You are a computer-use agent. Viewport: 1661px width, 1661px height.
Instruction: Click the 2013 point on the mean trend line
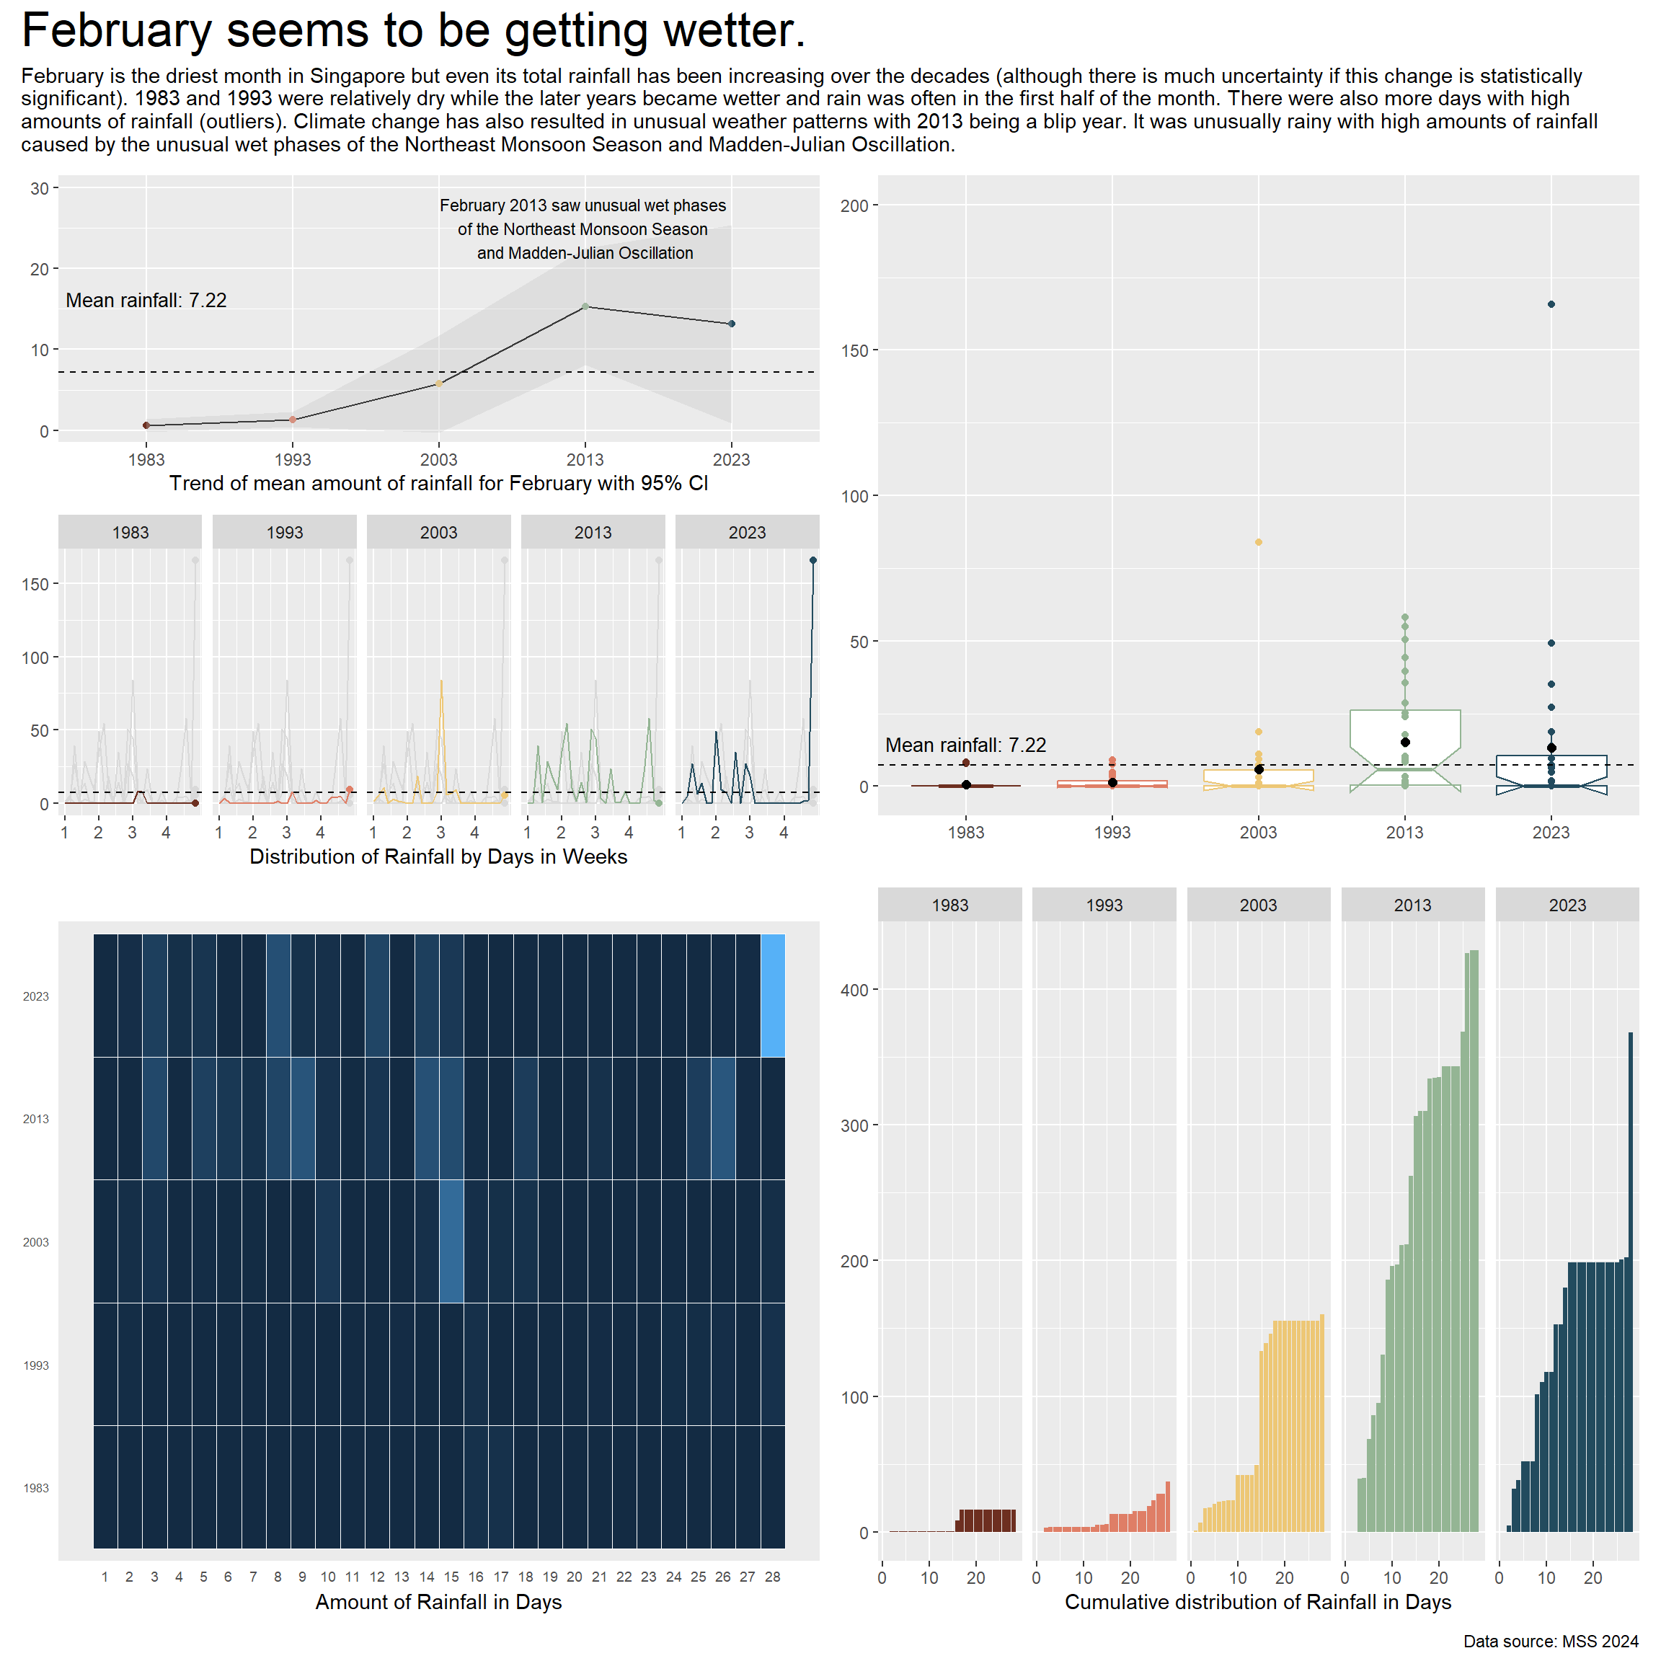click(585, 306)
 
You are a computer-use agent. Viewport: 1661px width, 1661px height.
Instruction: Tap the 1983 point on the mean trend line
click(146, 425)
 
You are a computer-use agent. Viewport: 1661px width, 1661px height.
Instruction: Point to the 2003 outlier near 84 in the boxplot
click(1259, 542)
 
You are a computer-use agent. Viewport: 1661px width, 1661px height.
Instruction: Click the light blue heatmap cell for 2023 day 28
click(772, 995)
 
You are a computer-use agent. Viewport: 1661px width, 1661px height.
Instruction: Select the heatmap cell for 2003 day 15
click(451, 1241)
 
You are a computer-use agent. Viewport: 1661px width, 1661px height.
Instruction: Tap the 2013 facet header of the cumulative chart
click(1412, 905)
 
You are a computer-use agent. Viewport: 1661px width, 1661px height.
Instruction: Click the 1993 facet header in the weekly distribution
click(285, 532)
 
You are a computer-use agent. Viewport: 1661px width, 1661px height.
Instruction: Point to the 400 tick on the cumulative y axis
click(854, 990)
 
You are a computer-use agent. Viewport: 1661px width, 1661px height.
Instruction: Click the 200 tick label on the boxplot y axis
click(854, 205)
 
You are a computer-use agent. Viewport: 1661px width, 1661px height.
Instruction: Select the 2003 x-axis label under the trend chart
click(438, 460)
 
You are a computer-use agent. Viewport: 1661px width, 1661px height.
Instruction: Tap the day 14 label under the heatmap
click(427, 1577)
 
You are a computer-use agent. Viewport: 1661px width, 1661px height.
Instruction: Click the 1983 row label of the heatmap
click(36, 1488)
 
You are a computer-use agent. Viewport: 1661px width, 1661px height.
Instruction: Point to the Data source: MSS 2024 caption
click(1551, 1642)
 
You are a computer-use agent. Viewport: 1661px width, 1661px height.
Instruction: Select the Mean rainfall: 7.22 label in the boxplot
click(965, 745)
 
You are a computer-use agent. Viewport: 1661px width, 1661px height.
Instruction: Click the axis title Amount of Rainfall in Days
click(438, 1603)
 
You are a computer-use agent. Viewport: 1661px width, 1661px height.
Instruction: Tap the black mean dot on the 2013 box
click(1405, 742)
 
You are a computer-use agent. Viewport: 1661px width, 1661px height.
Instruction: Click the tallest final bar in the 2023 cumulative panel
click(1630, 1281)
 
